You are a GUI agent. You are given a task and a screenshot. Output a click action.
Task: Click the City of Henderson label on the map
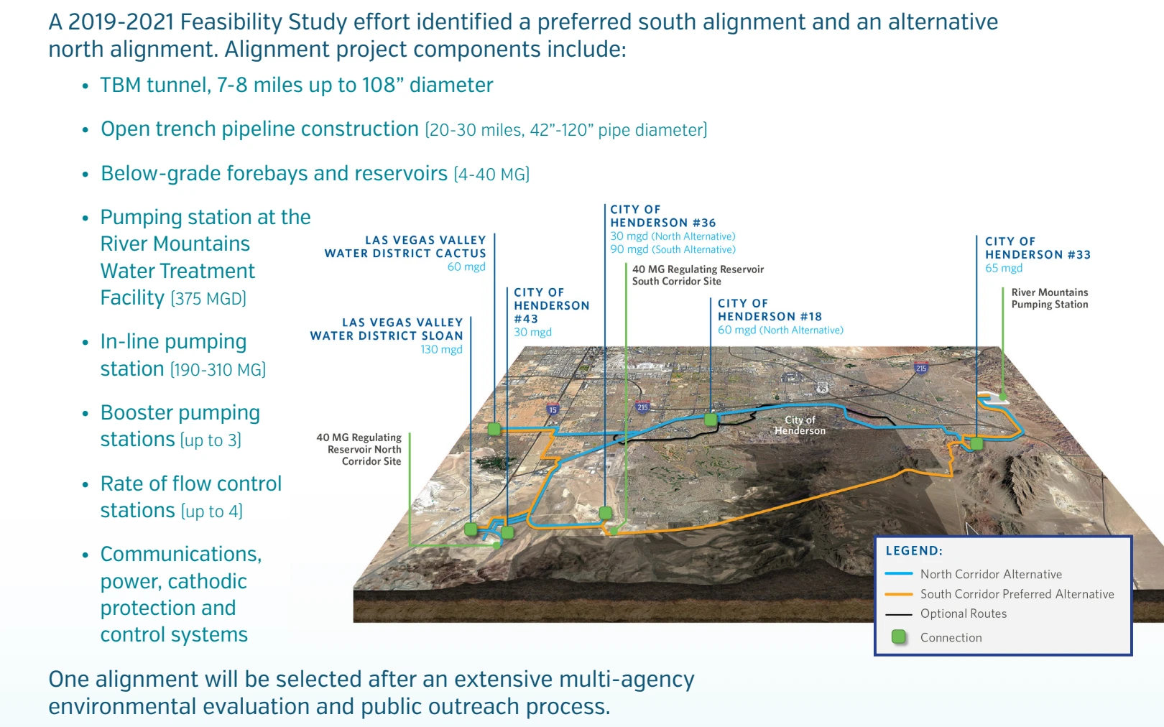800,425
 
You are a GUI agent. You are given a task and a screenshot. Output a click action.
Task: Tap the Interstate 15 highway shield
553,410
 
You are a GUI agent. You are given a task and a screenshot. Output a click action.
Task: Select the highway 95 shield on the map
823,389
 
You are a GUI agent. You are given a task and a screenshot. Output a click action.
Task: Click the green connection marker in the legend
898,637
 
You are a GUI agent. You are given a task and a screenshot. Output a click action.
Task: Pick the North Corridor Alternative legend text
991,574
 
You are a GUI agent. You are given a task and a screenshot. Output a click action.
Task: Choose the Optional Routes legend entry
963,613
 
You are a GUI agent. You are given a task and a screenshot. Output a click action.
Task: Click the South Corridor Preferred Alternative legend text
1017,594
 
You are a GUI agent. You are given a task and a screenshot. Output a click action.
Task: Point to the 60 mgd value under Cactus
466,267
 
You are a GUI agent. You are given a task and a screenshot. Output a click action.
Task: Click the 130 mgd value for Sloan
441,350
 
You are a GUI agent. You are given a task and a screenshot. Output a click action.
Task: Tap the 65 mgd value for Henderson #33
1003,268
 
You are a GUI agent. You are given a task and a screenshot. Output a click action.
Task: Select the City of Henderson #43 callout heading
551,305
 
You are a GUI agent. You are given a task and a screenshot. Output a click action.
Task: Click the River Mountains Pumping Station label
1049,298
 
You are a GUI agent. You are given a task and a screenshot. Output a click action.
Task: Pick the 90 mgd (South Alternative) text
673,250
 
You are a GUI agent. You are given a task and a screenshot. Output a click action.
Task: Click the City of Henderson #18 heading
769,310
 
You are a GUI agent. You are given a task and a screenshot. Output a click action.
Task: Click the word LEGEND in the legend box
913,551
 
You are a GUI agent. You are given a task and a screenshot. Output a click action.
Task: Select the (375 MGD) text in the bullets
208,299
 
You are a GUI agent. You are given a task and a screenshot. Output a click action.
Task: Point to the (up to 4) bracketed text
212,511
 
